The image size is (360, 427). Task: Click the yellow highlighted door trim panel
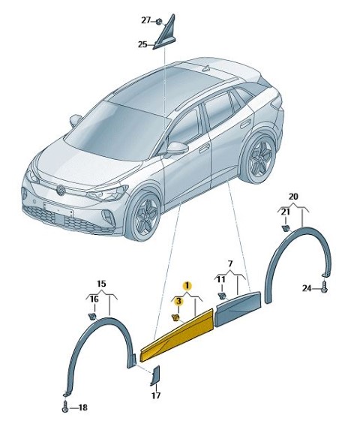177,335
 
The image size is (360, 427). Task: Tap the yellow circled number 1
187,286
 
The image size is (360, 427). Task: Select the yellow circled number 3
178,301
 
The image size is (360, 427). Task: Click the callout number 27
145,20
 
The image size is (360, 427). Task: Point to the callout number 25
142,44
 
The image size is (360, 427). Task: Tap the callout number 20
293,197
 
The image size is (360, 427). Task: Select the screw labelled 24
324,287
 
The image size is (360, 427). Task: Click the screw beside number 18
65,407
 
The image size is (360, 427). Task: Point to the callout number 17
156,395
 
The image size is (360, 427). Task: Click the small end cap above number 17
155,376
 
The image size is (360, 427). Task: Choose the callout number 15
101,284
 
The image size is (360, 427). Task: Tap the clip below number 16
92,316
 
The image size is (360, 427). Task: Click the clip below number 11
222,296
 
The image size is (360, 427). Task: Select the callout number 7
230,263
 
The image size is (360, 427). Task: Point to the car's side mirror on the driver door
177,149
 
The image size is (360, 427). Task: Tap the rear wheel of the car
259,158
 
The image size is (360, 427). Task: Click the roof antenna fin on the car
206,68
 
